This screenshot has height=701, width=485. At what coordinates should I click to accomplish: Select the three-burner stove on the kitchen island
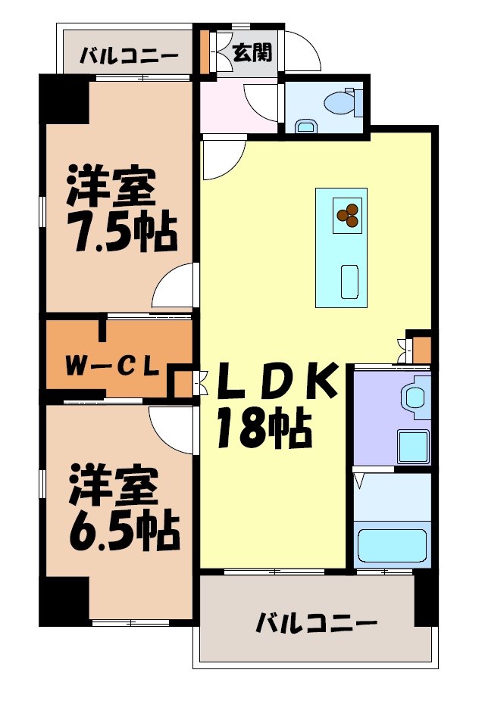pos(349,216)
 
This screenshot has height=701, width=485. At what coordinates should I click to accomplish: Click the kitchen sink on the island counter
pos(350,282)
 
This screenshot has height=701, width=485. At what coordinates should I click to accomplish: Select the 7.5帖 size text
pos(121,233)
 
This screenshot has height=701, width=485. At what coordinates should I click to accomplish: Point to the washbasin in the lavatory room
pos(415,399)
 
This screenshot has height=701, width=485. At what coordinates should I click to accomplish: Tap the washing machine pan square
pos(414,447)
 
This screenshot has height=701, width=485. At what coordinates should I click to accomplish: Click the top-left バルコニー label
pos(128,56)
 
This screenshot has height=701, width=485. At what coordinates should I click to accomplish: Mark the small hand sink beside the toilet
pos(305,126)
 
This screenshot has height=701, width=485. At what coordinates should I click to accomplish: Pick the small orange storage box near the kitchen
pos(421,350)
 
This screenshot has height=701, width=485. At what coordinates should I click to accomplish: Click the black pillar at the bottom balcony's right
pos(427,599)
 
